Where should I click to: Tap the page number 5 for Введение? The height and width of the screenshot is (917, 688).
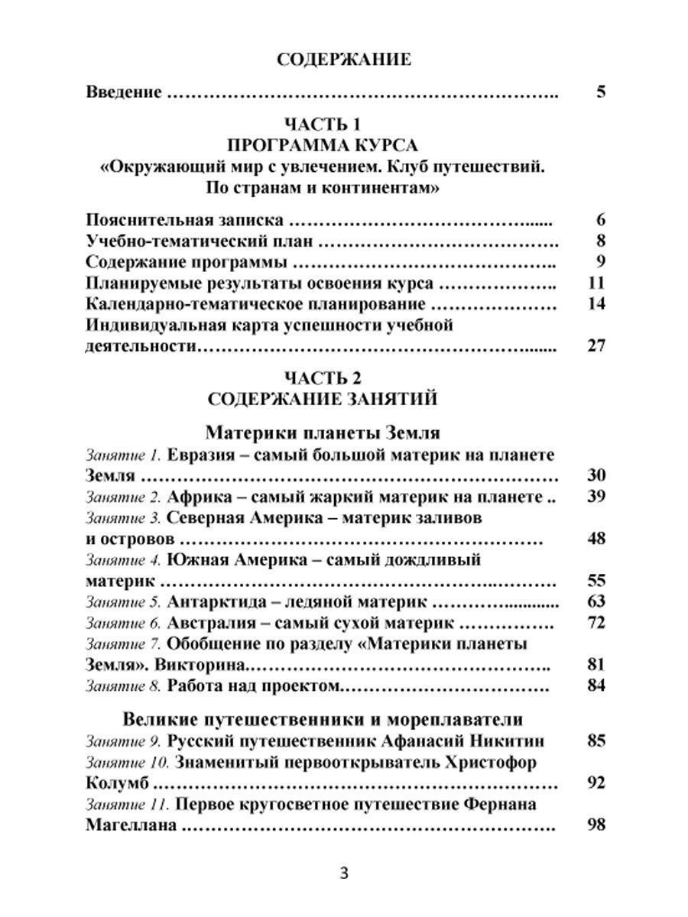coord(600,93)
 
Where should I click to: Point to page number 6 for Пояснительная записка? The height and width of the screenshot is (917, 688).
coord(600,220)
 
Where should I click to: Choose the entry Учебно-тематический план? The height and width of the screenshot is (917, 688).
coord(200,241)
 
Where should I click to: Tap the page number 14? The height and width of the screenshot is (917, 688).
coord(597,304)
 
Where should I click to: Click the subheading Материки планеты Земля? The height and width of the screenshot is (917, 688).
coord(323,433)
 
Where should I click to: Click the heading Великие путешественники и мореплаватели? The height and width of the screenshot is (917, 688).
coord(323,719)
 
